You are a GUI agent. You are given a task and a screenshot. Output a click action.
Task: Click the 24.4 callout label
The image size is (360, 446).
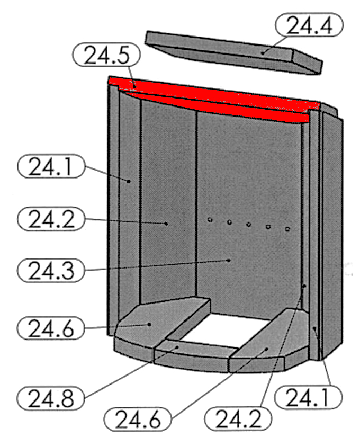coord(309,25)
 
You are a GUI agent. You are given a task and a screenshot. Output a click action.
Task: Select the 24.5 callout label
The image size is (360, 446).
coord(106,55)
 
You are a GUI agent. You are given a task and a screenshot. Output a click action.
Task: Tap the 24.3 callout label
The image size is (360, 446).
coord(51,270)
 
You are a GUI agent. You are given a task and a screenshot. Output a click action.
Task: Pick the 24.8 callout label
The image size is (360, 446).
coord(51,398)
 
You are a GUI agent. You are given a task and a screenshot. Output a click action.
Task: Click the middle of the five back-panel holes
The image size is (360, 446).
coord(248,225)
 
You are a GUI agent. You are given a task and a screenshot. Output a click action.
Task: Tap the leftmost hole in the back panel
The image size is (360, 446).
coord(210,220)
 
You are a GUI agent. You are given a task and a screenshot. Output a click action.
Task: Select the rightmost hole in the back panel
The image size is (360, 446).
coord(287,229)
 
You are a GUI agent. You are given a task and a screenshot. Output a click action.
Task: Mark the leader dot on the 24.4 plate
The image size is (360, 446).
coord(263,53)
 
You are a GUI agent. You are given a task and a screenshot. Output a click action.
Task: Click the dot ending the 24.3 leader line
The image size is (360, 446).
coord(229,260)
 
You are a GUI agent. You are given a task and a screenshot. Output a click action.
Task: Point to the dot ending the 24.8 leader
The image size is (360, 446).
coord(177,347)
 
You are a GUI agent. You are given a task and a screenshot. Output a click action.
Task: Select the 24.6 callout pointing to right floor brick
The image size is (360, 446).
coord(138,420)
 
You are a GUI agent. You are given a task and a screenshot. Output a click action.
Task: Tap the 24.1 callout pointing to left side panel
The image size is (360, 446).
coord(51,166)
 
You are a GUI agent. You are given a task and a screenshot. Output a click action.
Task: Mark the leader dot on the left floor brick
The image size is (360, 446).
coord(149,324)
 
